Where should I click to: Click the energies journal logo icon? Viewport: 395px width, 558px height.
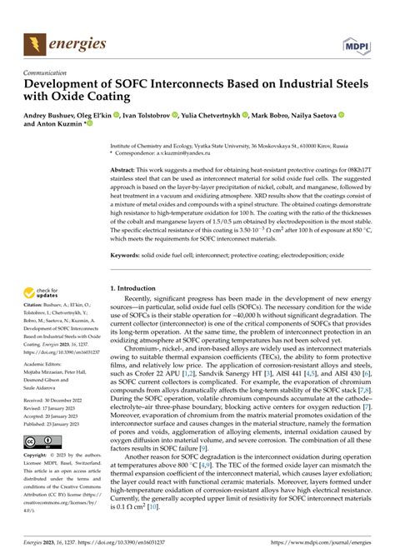tap(34, 40)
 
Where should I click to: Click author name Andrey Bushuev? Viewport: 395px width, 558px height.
tap(53, 115)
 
